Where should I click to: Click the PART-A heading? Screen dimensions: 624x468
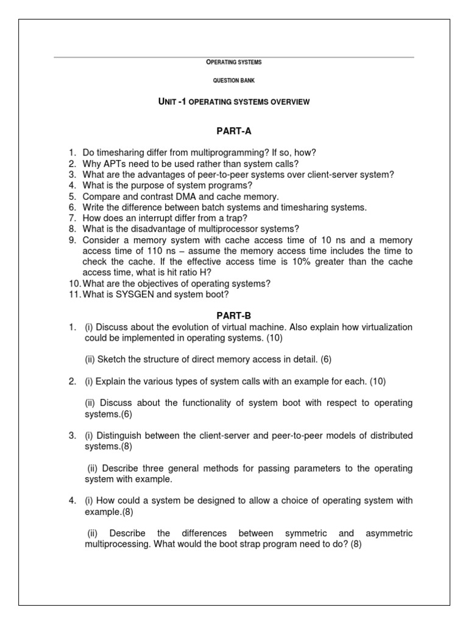pyautogui.click(x=234, y=132)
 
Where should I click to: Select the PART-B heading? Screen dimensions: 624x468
pyautogui.click(x=234, y=316)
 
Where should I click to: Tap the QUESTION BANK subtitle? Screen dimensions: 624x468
pyautogui.click(x=234, y=81)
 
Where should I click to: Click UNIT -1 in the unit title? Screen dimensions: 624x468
pyautogui.click(x=172, y=102)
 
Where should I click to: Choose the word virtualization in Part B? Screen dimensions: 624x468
pyautogui.click(x=383, y=327)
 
